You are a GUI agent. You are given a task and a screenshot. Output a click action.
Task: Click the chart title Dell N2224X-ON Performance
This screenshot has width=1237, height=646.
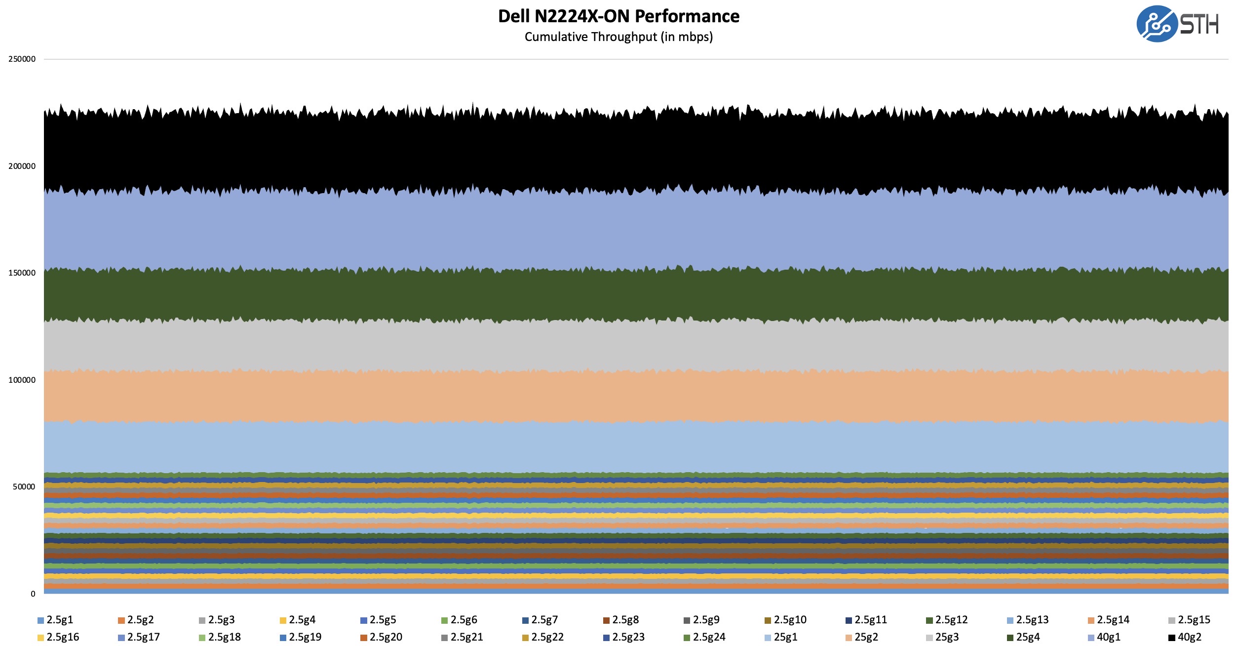[618, 16]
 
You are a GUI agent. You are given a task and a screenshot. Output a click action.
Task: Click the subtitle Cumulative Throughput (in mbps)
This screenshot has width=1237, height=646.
[618, 37]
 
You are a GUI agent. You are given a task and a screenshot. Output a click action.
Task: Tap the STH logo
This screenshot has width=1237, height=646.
[1177, 24]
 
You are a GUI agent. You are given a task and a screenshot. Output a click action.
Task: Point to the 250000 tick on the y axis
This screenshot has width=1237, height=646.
[22, 59]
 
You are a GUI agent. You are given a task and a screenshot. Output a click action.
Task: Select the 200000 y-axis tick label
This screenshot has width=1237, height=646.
[22, 166]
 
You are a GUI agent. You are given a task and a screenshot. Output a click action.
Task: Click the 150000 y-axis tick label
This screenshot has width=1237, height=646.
[22, 273]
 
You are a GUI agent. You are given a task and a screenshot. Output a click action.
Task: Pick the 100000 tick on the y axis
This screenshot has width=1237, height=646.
[22, 380]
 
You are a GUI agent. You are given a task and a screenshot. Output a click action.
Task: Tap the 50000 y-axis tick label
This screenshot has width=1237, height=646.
[24, 487]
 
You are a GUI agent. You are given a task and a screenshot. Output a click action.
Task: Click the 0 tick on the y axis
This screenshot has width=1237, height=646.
[33, 594]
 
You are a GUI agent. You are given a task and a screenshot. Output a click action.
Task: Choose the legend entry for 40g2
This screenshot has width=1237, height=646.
[1185, 637]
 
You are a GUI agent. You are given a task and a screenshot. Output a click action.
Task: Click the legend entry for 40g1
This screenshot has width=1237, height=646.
[1104, 637]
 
